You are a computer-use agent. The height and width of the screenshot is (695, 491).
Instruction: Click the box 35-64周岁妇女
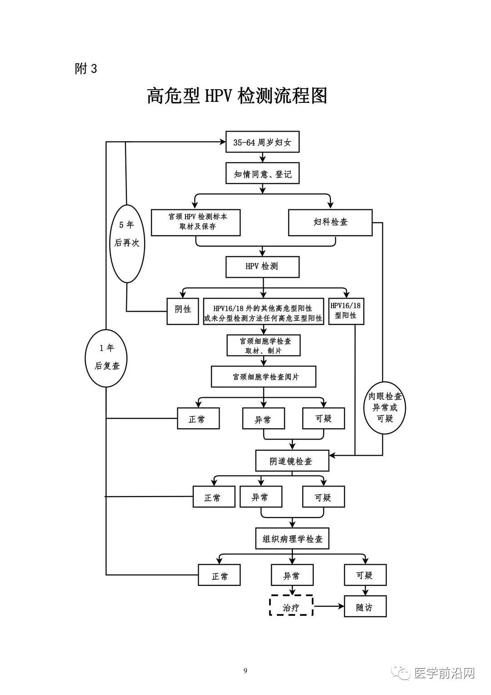[262, 142]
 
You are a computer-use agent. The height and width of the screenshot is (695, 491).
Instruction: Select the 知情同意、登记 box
[262, 173]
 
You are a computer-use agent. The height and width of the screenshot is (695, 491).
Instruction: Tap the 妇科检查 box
[331, 222]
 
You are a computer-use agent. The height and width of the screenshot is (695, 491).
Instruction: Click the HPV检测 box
[262, 267]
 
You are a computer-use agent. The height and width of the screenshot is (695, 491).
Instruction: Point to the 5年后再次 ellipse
[126, 244]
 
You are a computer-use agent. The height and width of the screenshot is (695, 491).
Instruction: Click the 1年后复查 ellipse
[106, 358]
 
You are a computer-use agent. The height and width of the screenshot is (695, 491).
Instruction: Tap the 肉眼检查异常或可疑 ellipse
[385, 407]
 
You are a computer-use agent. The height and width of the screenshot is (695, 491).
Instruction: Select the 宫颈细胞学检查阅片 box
[264, 377]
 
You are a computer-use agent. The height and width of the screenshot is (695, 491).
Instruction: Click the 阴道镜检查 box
[292, 461]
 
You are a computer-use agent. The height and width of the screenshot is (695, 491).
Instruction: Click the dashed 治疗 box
[291, 606]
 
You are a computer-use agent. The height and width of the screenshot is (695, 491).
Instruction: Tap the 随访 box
[365, 606]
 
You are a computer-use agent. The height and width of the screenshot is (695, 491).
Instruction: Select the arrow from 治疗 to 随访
[328, 606]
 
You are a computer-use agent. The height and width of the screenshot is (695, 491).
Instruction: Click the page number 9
[245, 670]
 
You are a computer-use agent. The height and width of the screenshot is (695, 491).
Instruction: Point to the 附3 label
[86, 69]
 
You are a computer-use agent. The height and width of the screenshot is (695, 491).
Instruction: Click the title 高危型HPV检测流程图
[237, 96]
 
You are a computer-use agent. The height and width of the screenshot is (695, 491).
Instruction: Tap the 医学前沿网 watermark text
[444, 674]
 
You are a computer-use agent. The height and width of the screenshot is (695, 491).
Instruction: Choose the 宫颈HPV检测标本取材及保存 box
[195, 222]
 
